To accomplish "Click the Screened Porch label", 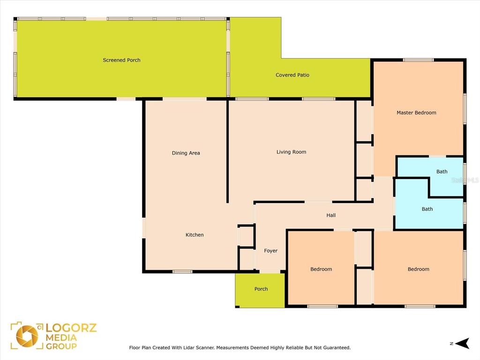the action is point(121,60).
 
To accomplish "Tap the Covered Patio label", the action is point(292,75).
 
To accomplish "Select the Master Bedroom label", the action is point(416,112).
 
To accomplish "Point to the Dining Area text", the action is point(186,153).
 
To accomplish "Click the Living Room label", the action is point(291,152).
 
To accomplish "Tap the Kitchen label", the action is point(195,235).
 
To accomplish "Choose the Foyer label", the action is point(270,251).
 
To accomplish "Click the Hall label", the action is point(331,215).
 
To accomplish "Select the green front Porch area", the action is point(260,290).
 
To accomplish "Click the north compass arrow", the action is point(462,344).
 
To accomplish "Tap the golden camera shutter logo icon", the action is point(27,336).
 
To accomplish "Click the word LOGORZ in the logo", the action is point(71,328).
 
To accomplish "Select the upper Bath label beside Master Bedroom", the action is point(442,172).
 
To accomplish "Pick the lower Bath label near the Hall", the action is point(427,209).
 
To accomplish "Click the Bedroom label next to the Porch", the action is point(321,269).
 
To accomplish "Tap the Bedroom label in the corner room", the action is point(419,269).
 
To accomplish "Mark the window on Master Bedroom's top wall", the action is point(418,60).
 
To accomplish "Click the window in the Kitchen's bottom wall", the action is point(182,271).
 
